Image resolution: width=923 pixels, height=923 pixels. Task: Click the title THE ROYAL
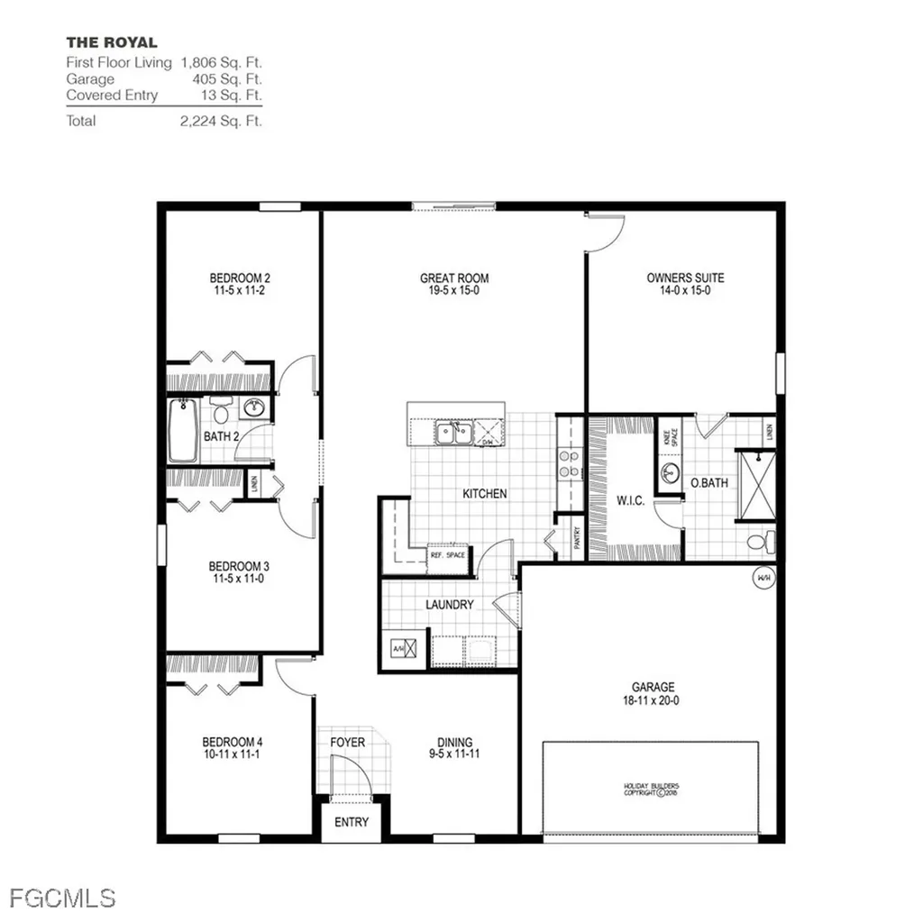(x=112, y=42)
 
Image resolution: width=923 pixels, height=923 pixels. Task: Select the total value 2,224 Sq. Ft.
(x=221, y=121)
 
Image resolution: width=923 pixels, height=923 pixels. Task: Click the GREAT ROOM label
(x=454, y=278)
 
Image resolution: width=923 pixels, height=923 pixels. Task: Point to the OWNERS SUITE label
(x=685, y=278)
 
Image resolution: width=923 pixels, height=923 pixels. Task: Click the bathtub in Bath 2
(x=182, y=431)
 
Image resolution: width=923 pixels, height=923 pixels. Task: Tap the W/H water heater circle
(x=763, y=577)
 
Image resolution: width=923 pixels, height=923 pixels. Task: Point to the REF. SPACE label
(x=447, y=555)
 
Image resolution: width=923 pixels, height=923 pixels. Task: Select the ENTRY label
(x=352, y=822)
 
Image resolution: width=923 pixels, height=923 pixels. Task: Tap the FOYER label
(x=347, y=742)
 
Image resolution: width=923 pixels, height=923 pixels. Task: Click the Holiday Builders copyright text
(x=650, y=790)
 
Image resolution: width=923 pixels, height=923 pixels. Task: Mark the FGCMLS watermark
(x=63, y=898)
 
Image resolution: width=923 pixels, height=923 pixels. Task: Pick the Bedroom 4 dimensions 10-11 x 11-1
(x=233, y=754)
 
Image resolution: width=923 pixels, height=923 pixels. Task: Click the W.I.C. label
(x=631, y=500)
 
